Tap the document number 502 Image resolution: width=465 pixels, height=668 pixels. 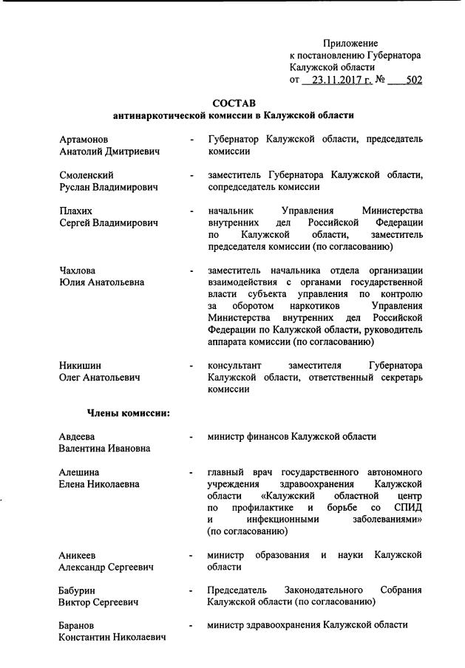click(x=413, y=80)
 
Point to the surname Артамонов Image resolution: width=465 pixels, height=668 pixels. click(x=84, y=139)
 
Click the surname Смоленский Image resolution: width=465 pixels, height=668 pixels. click(x=86, y=175)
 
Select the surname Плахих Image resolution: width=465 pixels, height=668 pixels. click(x=75, y=211)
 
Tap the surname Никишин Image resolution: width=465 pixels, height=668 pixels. click(x=81, y=366)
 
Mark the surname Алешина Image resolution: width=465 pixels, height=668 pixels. click(x=79, y=472)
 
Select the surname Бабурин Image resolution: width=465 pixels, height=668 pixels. click(x=78, y=590)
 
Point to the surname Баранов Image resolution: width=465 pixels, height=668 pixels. click(x=78, y=626)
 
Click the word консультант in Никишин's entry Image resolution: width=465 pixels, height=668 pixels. click(x=234, y=366)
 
